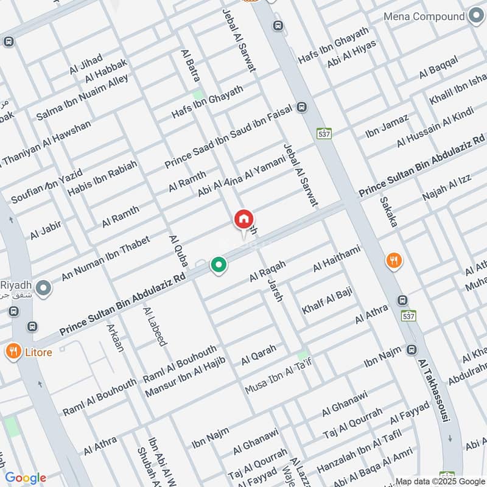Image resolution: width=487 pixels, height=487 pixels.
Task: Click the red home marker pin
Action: tap(243, 220)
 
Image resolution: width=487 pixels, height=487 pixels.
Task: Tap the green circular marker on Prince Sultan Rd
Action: tap(219, 265)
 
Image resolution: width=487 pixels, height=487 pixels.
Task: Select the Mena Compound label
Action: tap(424, 16)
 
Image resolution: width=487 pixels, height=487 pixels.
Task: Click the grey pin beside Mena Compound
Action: tap(475, 16)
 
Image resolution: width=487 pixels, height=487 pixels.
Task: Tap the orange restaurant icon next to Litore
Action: tap(12, 351)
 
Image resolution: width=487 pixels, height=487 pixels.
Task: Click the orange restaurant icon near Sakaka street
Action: tap(394, 261)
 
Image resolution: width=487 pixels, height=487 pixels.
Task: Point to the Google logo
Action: tap(26, 478)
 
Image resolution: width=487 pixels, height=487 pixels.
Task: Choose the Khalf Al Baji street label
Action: tap(328, 300)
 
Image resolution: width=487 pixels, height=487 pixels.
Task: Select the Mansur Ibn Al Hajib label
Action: tap(185, 377)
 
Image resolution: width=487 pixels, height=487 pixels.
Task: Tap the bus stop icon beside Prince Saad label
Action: tap(302, 108)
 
